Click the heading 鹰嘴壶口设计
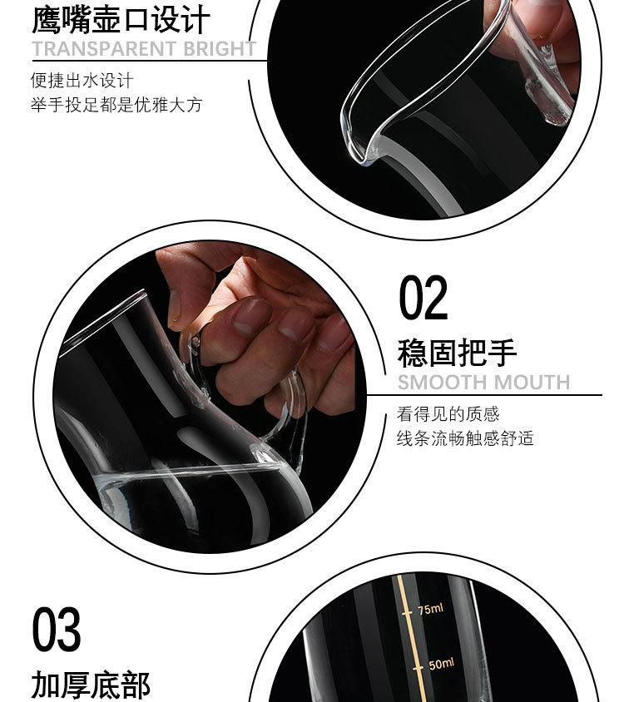121,20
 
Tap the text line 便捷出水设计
82,81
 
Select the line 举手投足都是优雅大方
116,105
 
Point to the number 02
423,297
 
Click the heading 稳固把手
457,353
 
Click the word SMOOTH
442,383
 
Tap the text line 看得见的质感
448,413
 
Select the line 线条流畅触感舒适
465,438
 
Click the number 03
57,629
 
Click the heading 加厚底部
91,685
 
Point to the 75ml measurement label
430,609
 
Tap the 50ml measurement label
441,664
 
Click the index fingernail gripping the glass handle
252,314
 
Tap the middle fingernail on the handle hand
295,324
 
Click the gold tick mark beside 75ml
407,613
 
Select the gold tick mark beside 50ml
418,668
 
